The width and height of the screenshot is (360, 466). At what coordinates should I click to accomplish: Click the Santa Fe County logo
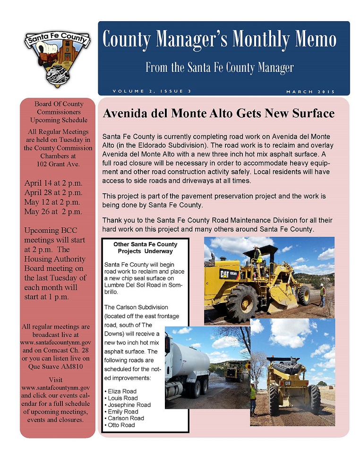(57, 56)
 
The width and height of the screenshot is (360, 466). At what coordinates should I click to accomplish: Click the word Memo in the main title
(313, 39)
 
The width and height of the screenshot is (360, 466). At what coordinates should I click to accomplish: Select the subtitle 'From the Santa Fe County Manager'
(219, 68)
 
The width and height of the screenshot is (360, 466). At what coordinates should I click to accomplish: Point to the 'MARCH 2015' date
(310, 91)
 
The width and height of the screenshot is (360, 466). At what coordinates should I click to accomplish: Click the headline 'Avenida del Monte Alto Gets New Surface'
(218, 114)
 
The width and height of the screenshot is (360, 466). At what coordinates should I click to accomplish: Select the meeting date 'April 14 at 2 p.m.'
(53, 184)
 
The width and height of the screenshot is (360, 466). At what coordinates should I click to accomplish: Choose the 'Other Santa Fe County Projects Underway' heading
(145, 248)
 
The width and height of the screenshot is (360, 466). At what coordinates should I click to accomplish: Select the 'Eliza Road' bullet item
(122, 391)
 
